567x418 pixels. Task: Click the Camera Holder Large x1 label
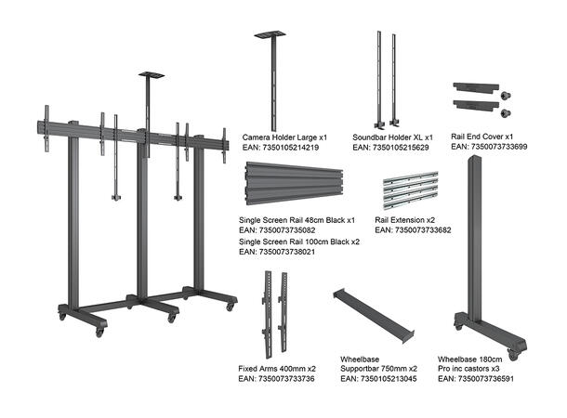(x=284, y=136)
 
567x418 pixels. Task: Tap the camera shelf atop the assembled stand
(x=152, y=74)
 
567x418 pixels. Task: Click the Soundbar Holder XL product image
(x=387, y=82)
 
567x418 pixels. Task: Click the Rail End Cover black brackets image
(x=475, y=98)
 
